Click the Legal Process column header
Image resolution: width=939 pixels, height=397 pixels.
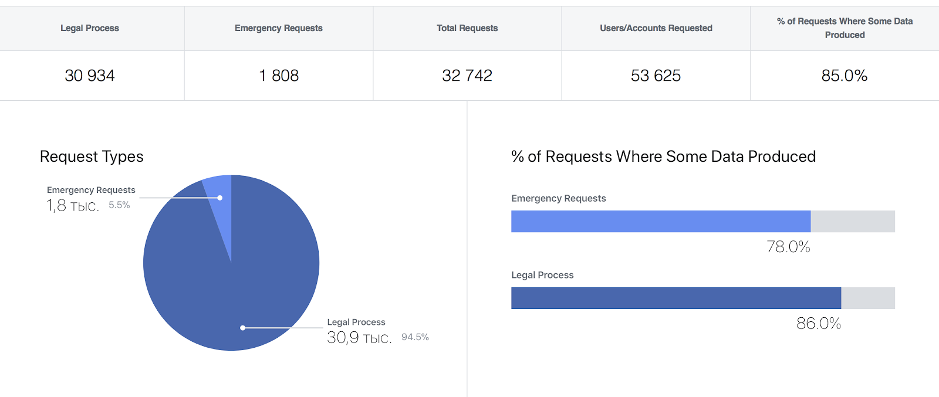point(90,28)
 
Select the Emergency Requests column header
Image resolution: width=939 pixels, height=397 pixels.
point(279,28)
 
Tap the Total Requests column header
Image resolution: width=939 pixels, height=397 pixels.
point(467,28)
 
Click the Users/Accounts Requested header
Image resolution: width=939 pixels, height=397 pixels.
point(656,28)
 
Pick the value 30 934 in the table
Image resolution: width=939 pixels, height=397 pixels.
point(90,76)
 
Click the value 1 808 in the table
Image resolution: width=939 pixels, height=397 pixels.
point(279,76)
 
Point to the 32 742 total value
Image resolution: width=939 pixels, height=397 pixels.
point(467,76)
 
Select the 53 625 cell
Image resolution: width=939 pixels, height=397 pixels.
point(656,76)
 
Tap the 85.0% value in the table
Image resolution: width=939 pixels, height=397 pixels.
point(844,76)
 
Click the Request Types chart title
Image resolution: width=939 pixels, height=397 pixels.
point(92,157)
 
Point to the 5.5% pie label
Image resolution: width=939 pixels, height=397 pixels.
point(119,205)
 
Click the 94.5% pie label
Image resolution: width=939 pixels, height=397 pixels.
point(415,337)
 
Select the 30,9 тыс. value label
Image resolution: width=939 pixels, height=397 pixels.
point(359,338)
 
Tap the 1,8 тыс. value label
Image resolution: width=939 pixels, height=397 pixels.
point(73,206)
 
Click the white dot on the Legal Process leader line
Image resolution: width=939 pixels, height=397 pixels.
point(243,328)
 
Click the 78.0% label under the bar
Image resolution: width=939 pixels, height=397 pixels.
point(788,247)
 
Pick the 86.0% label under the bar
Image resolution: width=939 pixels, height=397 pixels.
point(819,324)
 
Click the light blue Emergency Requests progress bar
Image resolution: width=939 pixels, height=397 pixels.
point(661,222)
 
